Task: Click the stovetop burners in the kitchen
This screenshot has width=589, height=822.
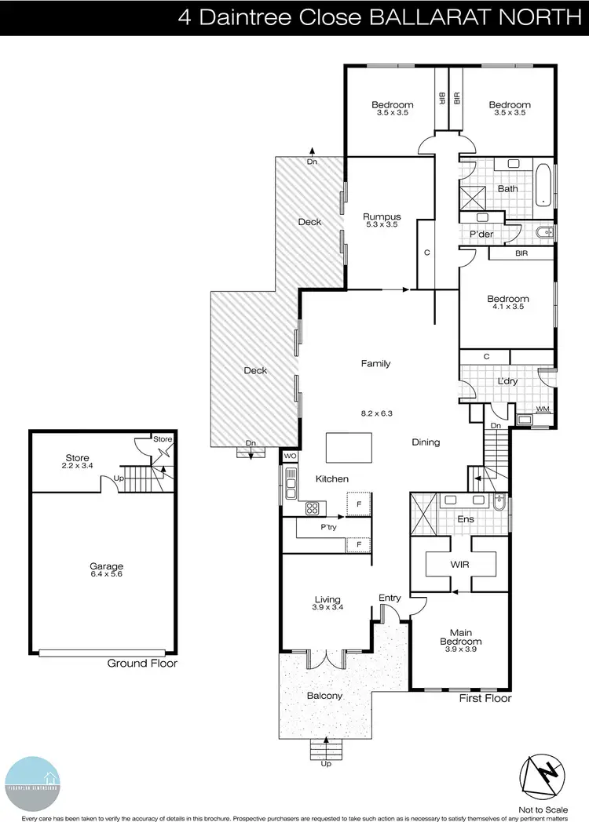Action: coord(311,507)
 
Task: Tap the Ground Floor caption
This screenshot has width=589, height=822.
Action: coord(142,664)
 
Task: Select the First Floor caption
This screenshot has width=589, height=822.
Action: coord(485,698)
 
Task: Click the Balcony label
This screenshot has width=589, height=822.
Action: coord(324,695)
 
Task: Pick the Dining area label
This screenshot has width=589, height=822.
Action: coord(426,442)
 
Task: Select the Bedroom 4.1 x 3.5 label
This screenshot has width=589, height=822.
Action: coord(508,303)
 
